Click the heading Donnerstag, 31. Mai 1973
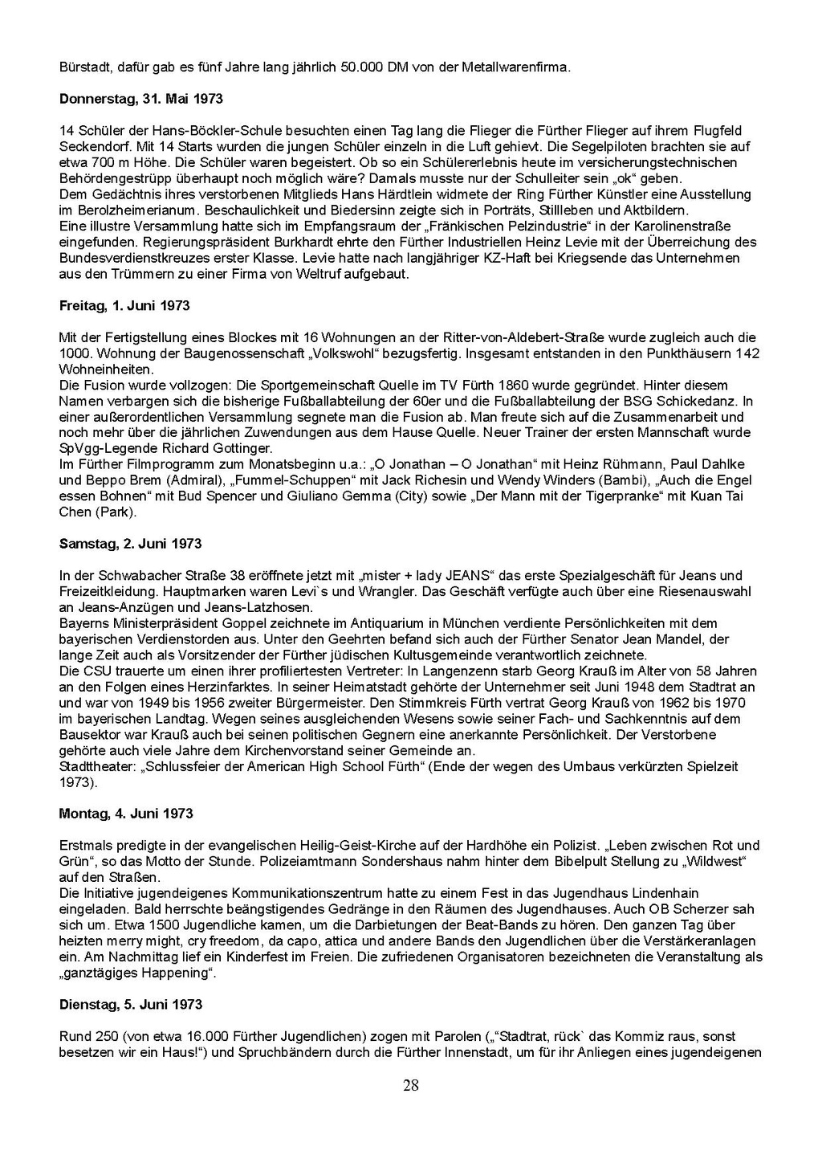pyautogui.click(x=141, y=99)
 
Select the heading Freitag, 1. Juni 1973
pyautogui.click(x=124, y=306)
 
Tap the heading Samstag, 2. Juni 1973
pyautogui.click(x=130, y=544)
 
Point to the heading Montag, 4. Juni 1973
pyautogui.click(x=126, y=814)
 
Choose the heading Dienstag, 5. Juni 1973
pyautogui.click(x=131, y=1005)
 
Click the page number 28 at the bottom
pyautogui.click(x=411, y=1086)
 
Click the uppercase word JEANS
pyautogui.click(x=464, y=576)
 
